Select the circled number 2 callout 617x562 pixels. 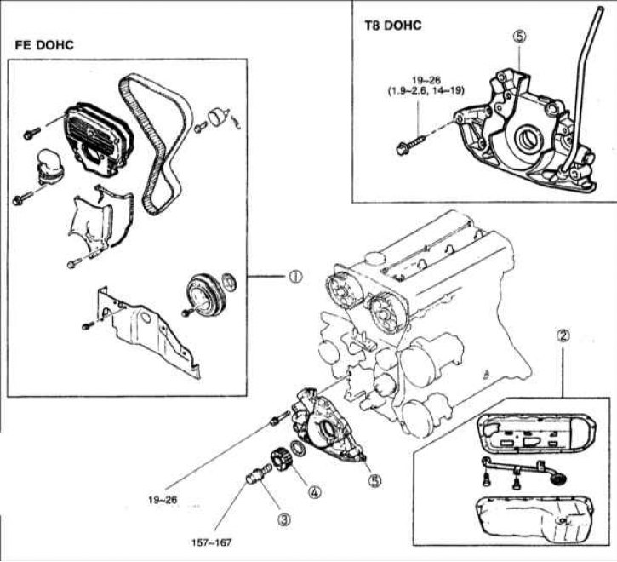[x=563, y=335]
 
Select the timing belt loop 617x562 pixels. [x=153, y=145]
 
